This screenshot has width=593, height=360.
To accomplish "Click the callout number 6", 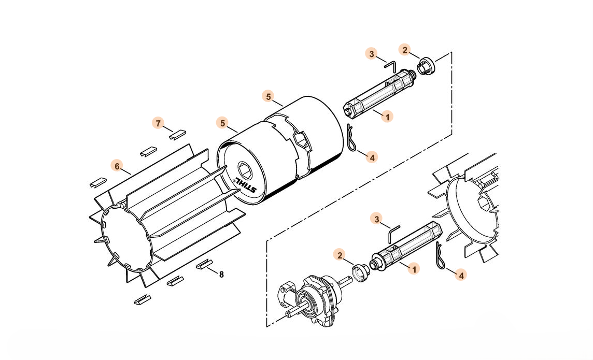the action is click(x=117, y=166).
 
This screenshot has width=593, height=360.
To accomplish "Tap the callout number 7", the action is click(x=159, y=123).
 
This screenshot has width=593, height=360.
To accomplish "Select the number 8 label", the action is click(x=221, y=274).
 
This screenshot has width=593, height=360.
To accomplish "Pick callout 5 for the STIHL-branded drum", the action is click(x=223, y=123).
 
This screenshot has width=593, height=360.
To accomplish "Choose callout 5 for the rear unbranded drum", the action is click(x=269, y=97).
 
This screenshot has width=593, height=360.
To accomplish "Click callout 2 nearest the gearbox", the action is click(x=340, y=255).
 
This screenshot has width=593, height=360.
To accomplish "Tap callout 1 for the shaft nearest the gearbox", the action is click(x=414, y=269).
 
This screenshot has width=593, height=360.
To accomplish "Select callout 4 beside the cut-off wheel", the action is click(x=461, y=275).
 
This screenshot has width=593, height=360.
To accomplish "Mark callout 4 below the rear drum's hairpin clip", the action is click(x=372, y=157).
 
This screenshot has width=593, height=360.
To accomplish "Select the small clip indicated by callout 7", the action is click(x=177, y=134).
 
